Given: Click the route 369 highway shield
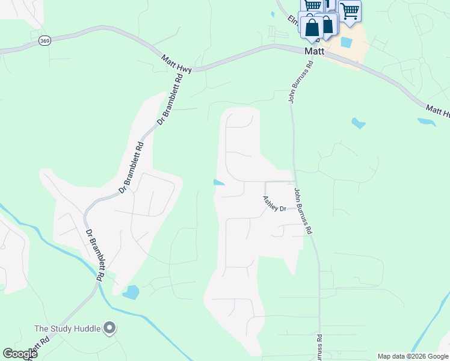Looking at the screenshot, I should (x=45, y=40).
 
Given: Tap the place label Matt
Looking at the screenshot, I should (x=314, y=52).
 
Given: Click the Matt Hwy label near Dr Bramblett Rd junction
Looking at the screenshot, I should (x=176, y=64).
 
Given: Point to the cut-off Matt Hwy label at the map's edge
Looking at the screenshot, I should (x=437, y=111).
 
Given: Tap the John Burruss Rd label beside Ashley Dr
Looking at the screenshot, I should (x=303, y=211).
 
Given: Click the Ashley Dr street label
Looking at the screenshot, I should (x=274, y=203).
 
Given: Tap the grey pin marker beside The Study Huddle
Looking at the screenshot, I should (x=109, y=328).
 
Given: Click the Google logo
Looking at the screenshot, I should (x=20, y=354).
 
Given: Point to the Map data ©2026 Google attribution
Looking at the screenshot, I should (x=413, y=356).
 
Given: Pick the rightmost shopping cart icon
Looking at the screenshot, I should (x=350, y=11).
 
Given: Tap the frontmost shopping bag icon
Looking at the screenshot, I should (x=312, y=27).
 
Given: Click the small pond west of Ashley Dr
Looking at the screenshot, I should (x=220, y=183).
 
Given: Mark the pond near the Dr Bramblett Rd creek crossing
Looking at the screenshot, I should (x=131, y=292).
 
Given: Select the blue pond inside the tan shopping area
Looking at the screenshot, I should (x=346, y=43).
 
